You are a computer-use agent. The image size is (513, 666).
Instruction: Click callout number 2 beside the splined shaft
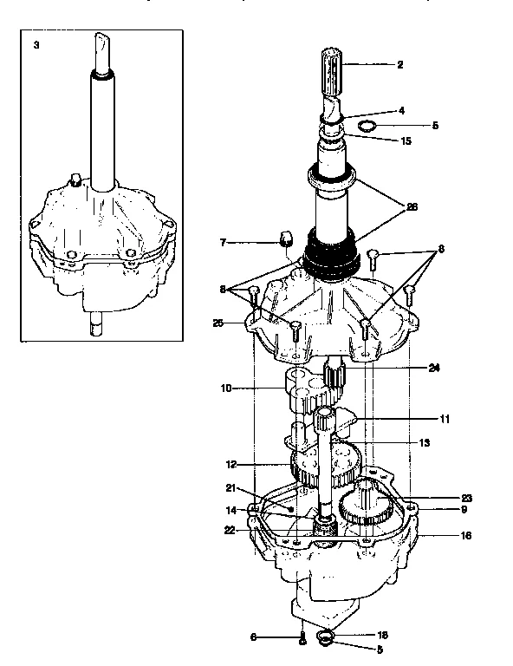coord(400,64)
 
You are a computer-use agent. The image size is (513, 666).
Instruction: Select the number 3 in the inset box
coord(36,43)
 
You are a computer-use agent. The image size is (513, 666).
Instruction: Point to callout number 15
coord(405,140)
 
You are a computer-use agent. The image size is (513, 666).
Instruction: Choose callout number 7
coord(223,242)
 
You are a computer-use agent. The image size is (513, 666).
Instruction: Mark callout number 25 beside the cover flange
coord(218,323)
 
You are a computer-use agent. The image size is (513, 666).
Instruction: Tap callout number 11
coord(445,419)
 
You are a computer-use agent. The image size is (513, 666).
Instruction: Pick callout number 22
coord(231,530)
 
